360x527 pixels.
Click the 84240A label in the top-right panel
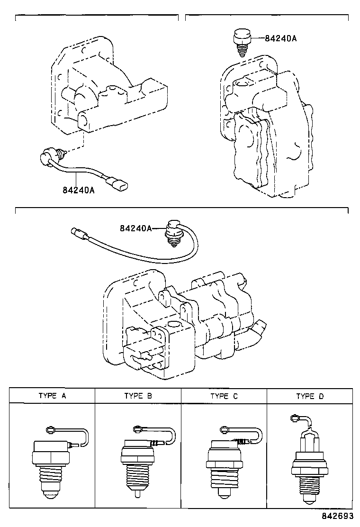point(280,39)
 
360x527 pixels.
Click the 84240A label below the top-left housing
point(78,190)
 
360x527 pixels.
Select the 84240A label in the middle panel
point(135,228)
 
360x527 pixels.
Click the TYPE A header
point(52,396)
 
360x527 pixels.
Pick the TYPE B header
point(138,396)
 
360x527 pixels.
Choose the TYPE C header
point(224,396)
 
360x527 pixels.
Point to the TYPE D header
point(310,396)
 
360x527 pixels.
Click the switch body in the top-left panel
point(50,156)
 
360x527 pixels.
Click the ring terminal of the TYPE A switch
point(51,429)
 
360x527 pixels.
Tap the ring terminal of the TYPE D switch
point(295,418)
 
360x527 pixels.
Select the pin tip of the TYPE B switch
point(136,493)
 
